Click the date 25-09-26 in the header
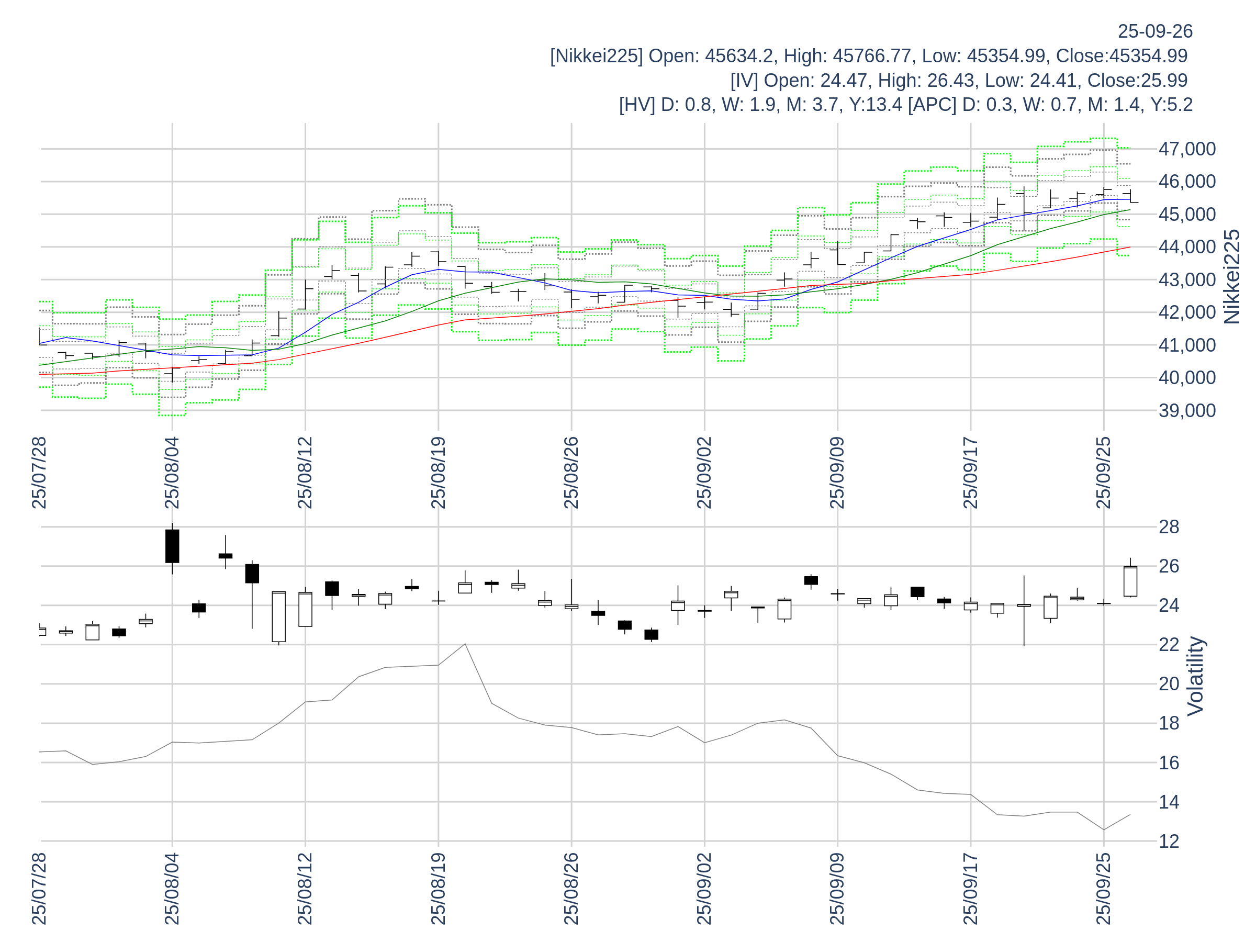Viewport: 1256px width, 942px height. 1155,31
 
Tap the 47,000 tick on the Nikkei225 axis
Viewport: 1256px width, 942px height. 1187,149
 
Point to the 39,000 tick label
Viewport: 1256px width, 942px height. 1187,410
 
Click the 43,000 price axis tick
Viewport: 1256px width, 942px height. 1187,280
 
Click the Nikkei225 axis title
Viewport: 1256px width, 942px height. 1231,277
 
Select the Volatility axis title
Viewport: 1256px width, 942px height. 1195,676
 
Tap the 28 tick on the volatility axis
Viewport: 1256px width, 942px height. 1169,527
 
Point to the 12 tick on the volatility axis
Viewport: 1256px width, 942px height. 1169,841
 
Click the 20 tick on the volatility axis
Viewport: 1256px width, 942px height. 1169,683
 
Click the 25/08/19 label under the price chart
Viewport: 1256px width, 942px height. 439,473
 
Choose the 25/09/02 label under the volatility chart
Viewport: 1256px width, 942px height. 704,889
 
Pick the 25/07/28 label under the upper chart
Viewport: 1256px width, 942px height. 39,473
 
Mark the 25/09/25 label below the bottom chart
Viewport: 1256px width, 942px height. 1103,889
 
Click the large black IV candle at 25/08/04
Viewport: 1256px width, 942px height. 172,546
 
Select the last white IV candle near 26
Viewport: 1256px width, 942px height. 1130,581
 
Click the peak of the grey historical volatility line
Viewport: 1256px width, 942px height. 465,644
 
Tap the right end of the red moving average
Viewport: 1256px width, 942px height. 1129,247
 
